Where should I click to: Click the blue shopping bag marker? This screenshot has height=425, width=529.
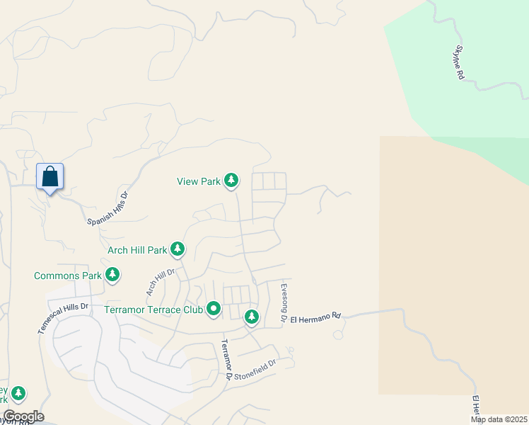coord(50,177)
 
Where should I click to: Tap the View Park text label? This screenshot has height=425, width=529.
coord(199,181)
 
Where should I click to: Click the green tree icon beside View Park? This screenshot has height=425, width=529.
coord(231,181)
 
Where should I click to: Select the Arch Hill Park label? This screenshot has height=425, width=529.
coord(137,250)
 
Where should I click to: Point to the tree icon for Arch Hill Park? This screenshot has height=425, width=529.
coord(178,249)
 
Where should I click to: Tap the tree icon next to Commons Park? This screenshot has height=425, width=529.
coord(112,274)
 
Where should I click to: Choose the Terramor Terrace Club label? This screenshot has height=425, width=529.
coord(153,310)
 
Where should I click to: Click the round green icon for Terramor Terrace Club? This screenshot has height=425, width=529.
coord(214,310)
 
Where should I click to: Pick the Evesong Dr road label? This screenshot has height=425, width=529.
coord(284,302)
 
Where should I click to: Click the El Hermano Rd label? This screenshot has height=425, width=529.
coord(316,314)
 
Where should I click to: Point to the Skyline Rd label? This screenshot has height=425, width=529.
coord(458,62)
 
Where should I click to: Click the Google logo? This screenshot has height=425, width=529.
coord(23,416)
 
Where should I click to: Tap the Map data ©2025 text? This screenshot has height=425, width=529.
coord(499,419)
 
